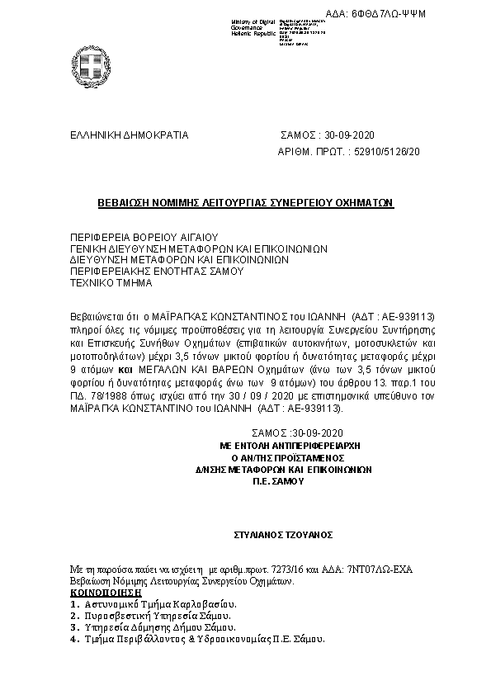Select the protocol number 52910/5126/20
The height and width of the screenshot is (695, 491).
[387, 152]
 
